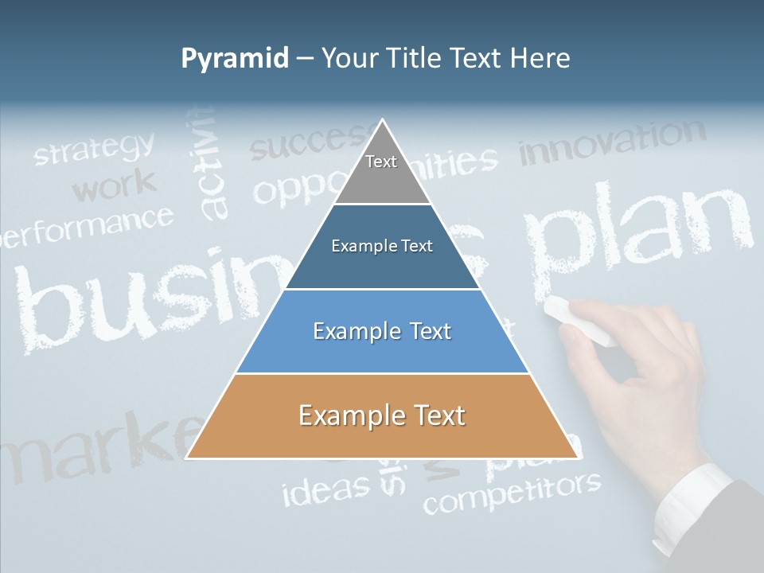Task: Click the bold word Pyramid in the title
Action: click(x=235, y=58)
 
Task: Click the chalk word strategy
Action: click(x=94, y=149)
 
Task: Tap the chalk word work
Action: click(x=114, y=186)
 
